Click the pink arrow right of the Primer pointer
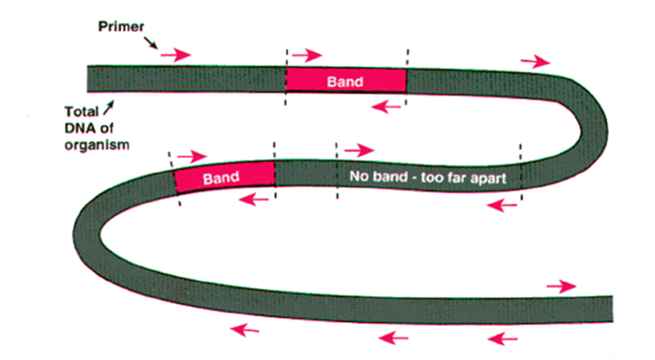(x=176, y=55)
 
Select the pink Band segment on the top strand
(x=345, y=81)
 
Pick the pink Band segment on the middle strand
(x=225, y=176)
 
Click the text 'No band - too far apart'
(x=428, y=176)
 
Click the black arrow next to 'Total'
(x=110, y=108)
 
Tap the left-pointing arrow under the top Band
(x=387, y=107)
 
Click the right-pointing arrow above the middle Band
(x=191, y=156)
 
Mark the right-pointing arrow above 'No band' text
(x=359, y=150)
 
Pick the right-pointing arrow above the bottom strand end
(x=561, y=287)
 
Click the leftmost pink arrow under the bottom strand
(x=245, y=330)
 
